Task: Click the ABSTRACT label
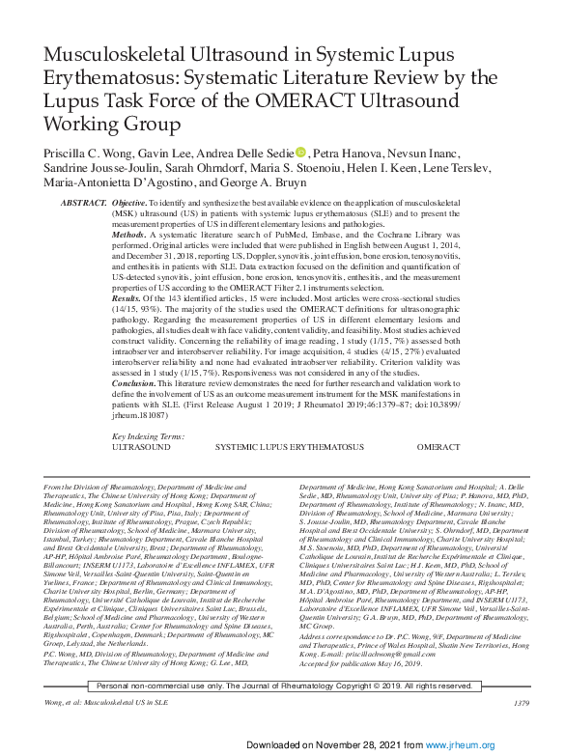[x=83, y=205]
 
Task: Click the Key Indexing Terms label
[x=149, y=436]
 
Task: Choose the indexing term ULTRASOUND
[x=143, y=448]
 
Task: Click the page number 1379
[x=522, y=702]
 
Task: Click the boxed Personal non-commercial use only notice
[x=280, y=685]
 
